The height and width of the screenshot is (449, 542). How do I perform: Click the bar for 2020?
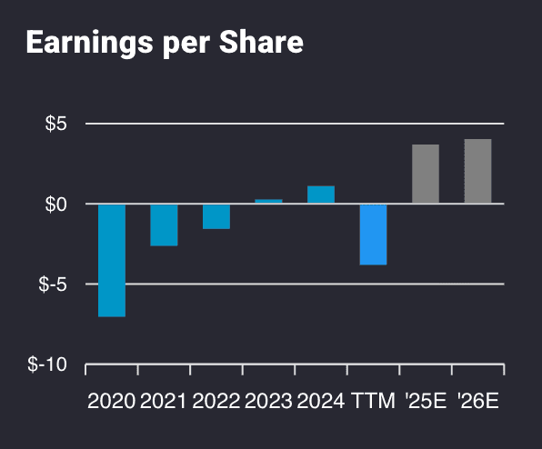112,260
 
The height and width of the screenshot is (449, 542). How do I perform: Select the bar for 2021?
164,224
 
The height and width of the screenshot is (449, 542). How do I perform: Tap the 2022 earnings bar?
216,216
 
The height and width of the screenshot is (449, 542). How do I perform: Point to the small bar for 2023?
268,201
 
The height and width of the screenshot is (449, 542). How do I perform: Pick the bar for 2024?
321,195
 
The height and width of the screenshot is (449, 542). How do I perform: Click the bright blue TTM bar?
373,234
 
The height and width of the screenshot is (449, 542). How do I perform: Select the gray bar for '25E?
426,174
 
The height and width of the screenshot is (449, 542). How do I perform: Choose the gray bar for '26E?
477,171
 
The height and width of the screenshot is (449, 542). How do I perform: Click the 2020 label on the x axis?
112,401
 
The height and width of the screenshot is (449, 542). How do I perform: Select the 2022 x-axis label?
216,401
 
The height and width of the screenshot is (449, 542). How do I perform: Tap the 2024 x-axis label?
321,401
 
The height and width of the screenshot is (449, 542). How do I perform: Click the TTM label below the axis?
373,401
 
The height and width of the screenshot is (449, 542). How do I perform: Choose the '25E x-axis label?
426,401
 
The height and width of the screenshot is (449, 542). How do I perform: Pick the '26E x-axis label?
477,401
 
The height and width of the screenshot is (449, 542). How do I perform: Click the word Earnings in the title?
80,43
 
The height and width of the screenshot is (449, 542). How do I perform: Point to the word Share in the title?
265,43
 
